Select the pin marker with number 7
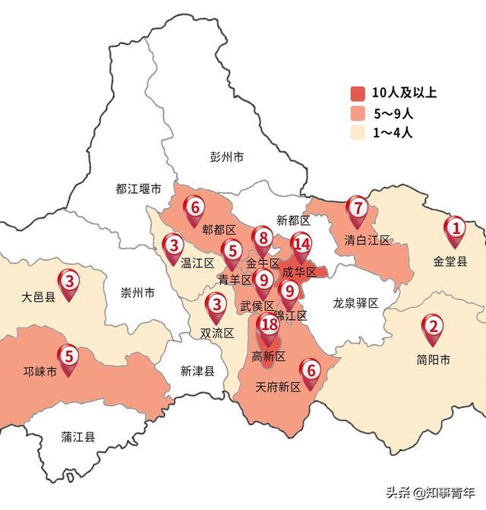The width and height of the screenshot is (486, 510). (357, 208)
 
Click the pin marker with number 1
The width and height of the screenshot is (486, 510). (455, 229)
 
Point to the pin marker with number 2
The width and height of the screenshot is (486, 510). (433, 328)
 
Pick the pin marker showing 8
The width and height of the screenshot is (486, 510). (263, 239)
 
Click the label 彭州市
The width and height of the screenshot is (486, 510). (227, 157)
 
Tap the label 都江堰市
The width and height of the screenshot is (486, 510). (138, 188)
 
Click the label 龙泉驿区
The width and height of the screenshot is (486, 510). (355, 303)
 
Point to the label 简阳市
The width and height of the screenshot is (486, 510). (434, 360)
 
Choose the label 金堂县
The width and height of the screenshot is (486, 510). (450, 261)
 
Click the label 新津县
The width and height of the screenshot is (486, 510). (197, 371)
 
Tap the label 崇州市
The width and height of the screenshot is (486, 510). (138, 293)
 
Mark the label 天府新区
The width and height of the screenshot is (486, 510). (279, 387)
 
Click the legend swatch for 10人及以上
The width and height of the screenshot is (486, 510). (358, 94)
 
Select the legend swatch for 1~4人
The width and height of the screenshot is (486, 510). (358, 134)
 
